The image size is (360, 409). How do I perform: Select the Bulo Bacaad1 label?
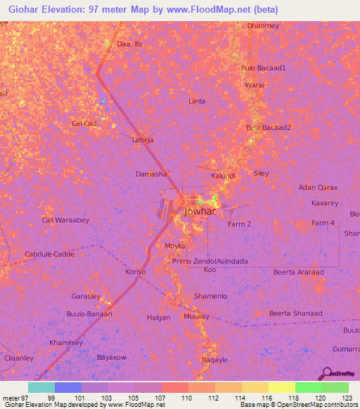click(x=264, y=68)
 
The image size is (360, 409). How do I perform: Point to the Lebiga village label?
click(x=143, y=140)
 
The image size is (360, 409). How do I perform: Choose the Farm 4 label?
click(x=323, y=223)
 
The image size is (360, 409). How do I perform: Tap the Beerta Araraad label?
click(x=298, y=271)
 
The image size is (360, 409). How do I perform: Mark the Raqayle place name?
click(x=214, y=360)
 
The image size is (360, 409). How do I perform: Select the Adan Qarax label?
click(x=319, y=188)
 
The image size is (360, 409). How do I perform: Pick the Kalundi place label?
click(x=223, y=175)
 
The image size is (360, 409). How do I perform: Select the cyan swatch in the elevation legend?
click(x=41, y=387)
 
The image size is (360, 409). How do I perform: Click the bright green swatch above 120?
click(x=308, y=387)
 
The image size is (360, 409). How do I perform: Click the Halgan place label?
click(x=158, y=318)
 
